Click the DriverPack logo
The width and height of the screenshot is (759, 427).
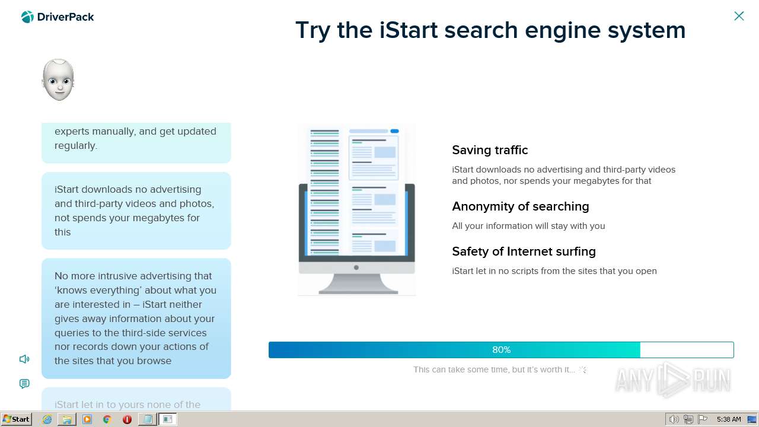[58, 17]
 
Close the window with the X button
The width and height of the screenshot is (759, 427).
[739, 16]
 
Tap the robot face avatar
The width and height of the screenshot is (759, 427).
[58, 79]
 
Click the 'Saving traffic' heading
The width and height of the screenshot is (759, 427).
[490, 150]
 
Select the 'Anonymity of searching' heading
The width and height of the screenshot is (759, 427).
[520, 206]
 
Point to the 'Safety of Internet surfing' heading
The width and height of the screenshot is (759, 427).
[524, 251]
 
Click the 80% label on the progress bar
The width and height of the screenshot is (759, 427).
[501, 350]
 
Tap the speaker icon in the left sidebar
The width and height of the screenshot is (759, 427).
[24, 359]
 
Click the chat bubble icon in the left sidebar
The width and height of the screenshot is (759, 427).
[24, 384]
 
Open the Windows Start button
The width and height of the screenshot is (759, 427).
[17, 419]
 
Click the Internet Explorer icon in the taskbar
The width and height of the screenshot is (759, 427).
[47, 419]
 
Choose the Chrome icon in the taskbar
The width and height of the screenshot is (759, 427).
[107, 419]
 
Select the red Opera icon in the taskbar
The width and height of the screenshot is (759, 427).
[127, 419]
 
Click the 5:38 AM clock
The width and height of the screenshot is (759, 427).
[729, 419]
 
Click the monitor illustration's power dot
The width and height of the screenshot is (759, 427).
[356, 267]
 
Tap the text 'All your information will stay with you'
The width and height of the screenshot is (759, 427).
[528, 226]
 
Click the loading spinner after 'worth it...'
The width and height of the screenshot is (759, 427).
[583, 369]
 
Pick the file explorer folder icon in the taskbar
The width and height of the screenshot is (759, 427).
[67, 419]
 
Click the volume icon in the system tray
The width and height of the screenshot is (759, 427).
[674, 419]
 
